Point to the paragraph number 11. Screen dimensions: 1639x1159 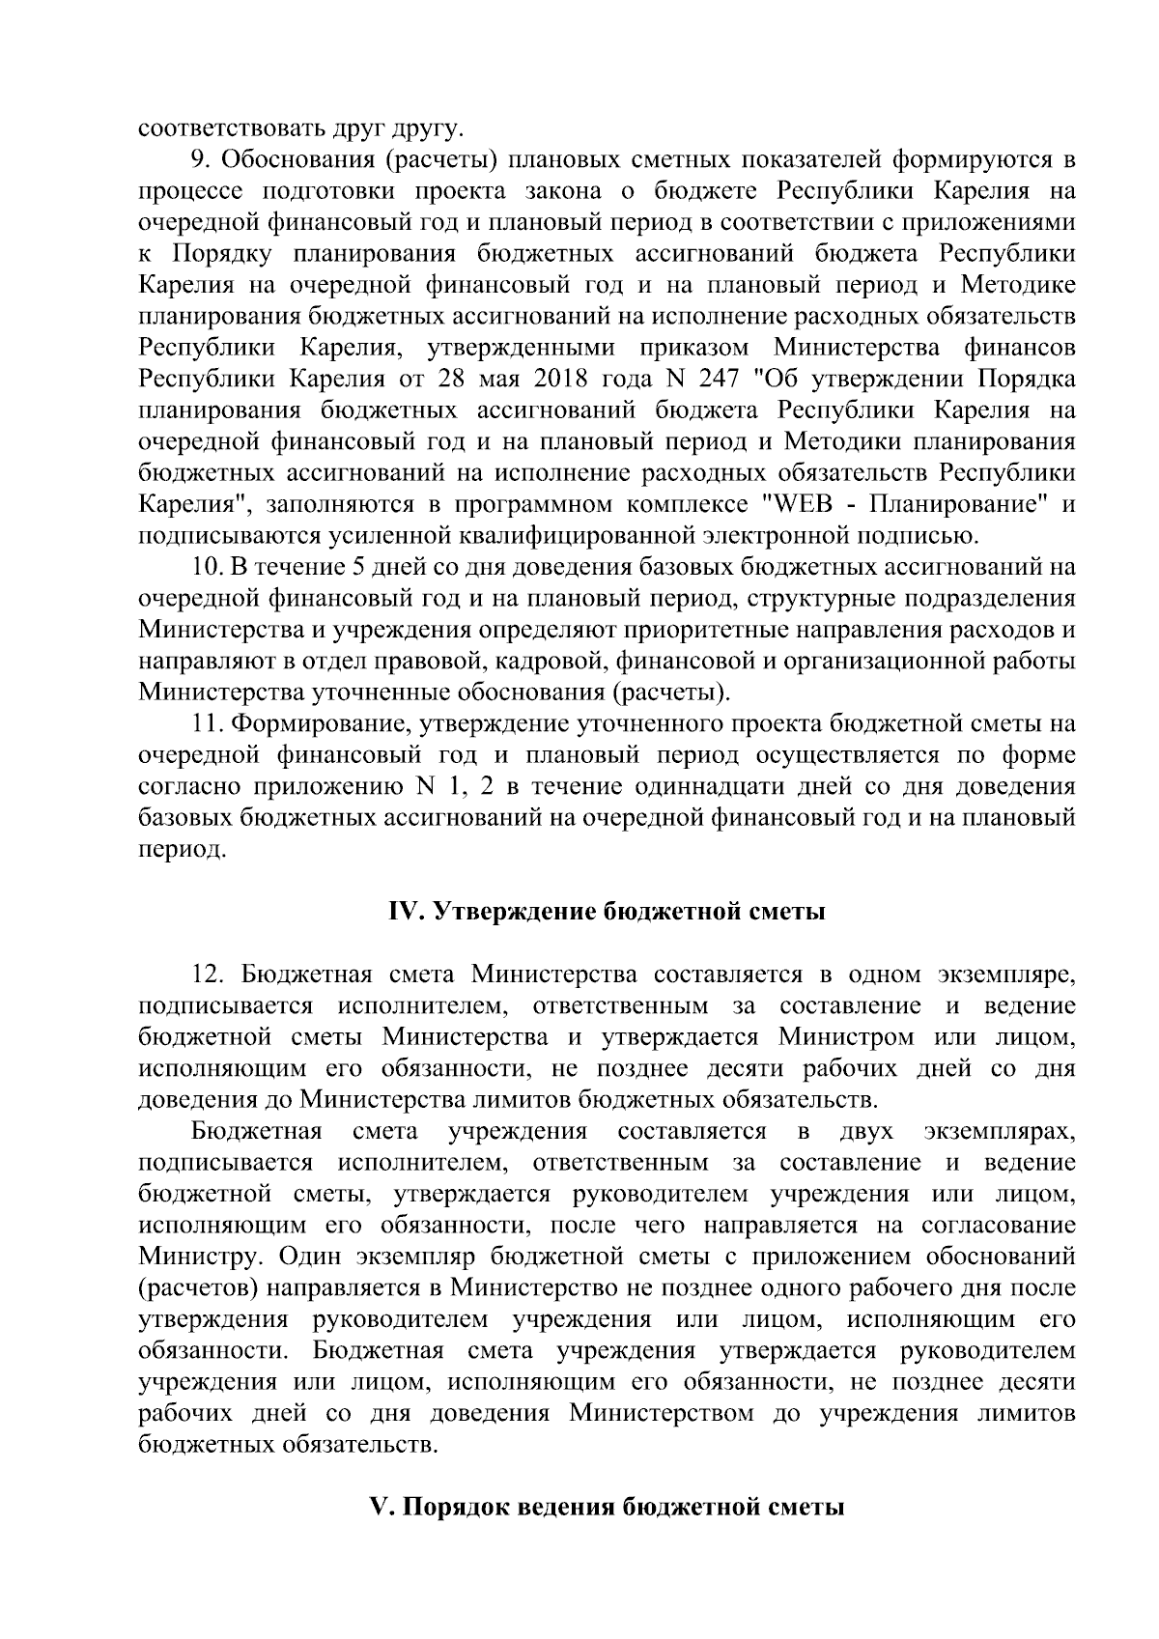[207, 723]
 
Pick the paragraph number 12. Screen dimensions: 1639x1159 [209, 974]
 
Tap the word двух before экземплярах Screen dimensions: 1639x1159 [866, 1131]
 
